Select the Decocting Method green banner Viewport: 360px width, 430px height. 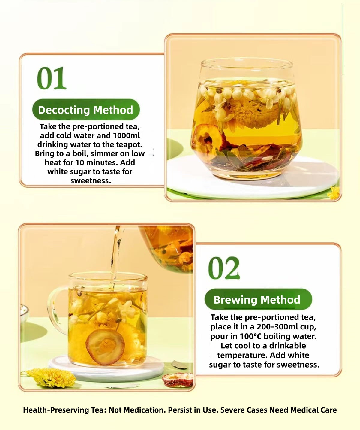[86, 110]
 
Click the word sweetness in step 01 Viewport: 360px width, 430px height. [91, 181]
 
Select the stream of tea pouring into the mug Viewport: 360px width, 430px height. [115, 255]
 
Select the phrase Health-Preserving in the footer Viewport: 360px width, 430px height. [56, 410]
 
